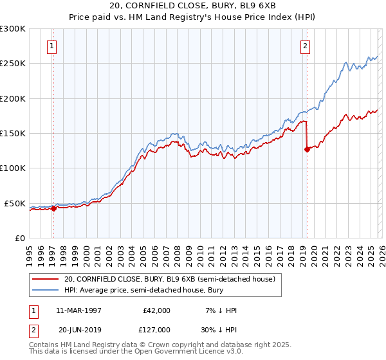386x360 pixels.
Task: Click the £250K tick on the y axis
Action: tap(13, 64)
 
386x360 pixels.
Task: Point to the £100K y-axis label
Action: tap(13, 168)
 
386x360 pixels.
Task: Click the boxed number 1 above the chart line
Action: tap(51, 46)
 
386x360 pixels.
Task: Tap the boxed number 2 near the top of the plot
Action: tap(305, 46)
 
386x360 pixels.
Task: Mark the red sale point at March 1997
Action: tap(54, 208)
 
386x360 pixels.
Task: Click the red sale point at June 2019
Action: tap(307, 149)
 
